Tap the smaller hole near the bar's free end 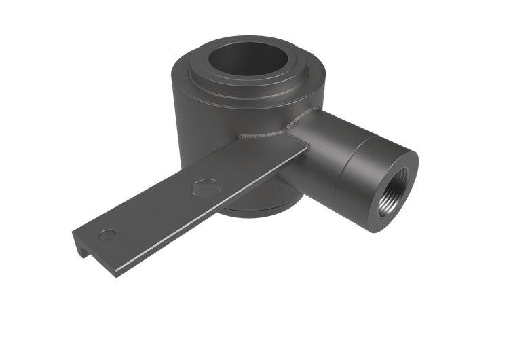(107, 234)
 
